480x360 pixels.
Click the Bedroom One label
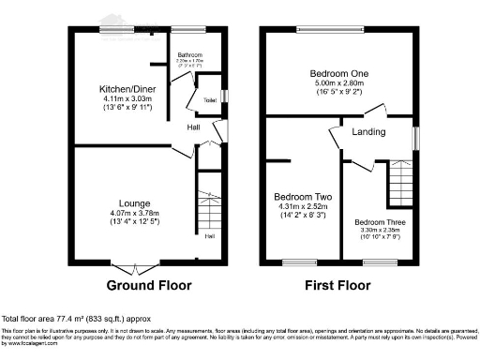point(339,73)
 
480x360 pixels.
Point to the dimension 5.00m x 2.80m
point(339,84)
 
